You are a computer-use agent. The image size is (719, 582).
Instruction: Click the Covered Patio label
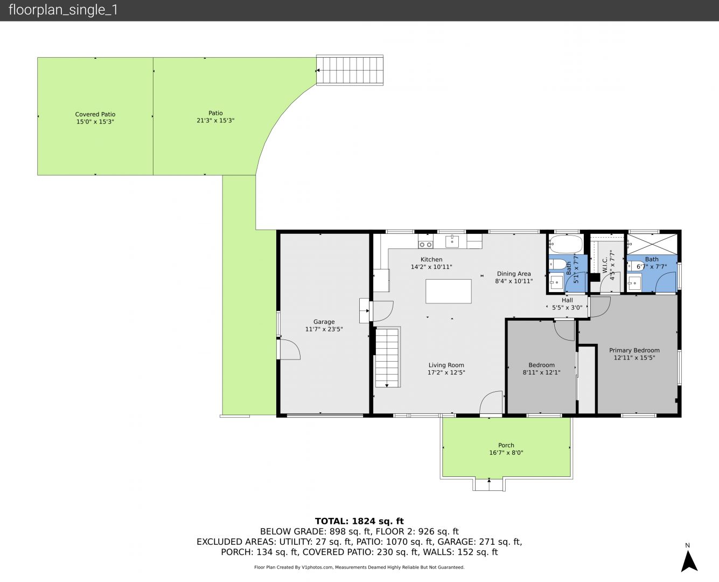coord(95,114)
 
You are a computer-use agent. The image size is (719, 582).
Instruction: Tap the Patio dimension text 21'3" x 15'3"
coord(215,121)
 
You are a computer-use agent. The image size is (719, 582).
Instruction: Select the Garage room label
coord(324,322)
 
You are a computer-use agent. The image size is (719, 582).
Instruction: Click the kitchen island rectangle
coord(448,291)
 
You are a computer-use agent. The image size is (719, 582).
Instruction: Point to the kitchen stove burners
coord(425,245)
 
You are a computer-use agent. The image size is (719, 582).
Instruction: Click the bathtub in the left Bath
coord(566,244)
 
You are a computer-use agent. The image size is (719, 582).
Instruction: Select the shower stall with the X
coord(652,244)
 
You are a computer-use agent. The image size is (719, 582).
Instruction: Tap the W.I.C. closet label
coord(605,265)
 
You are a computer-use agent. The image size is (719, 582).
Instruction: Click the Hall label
coord(567,300)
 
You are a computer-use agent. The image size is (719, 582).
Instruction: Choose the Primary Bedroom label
coord(634,350)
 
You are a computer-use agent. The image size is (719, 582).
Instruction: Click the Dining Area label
coord(514,274)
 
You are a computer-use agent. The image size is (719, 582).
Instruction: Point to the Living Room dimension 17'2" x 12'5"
coord(446,372)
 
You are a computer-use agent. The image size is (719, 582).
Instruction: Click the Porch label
coord(506,445)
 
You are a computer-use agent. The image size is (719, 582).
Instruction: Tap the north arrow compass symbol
coord(689,561)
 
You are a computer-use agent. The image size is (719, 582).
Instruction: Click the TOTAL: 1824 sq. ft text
coord(359,521)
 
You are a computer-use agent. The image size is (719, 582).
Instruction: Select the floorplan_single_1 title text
coord(63,10)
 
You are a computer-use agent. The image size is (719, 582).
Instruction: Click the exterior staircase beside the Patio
coord(350,70)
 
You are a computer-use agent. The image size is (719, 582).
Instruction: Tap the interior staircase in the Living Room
coord(387,357)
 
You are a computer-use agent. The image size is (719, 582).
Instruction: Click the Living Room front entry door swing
coord(492,403)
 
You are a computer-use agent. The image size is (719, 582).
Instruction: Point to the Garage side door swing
coord(289,350)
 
